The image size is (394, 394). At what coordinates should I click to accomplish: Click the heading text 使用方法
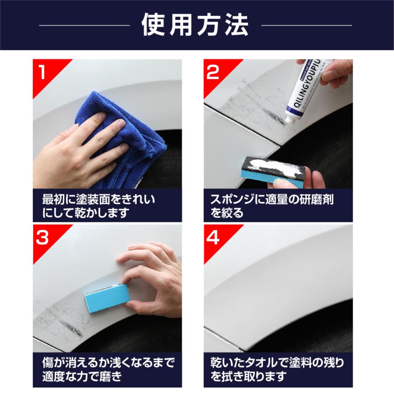click(x=195, y=25)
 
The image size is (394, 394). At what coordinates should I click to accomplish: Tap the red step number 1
click(x=43, y=73)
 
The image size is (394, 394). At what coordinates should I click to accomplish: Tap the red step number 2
click(x=213, y=73)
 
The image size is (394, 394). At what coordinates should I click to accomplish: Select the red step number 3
click(x=43, y=238)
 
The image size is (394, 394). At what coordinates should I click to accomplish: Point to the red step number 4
click(x=213, y=238)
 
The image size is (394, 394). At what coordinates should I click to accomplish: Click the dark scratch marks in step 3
click(x=66, y=324)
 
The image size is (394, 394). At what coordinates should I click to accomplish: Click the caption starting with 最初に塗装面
click(x=98, y=206)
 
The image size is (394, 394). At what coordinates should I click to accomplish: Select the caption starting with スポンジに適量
click(x=271, y=206)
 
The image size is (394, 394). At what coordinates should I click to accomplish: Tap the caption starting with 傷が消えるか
click(x=107, y=369)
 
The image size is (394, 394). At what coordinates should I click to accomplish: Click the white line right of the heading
click(x=306, y=25)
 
